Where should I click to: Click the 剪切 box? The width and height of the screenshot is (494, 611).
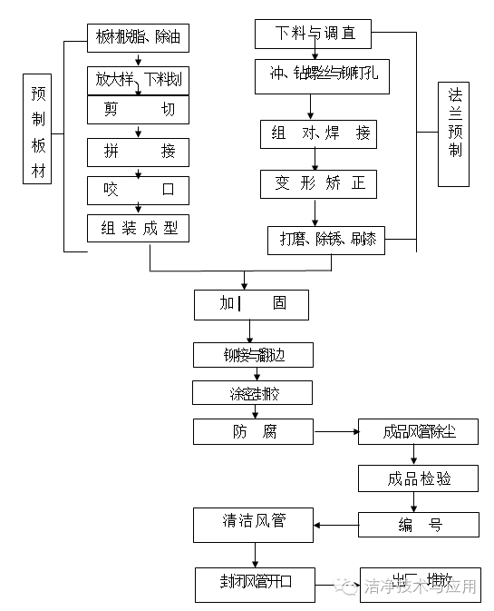[138, 110]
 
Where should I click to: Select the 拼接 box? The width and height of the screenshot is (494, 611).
[138, 151]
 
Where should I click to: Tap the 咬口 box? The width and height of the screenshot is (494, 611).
[138, 190]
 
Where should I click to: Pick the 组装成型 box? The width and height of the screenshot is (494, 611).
[138, 228]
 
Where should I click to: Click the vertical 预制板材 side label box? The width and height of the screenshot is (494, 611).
[38, 133]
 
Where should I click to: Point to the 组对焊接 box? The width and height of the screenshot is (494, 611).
[317, 133]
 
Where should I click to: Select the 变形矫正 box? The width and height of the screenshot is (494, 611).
[317, 183]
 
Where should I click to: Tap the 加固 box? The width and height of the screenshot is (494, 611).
[251, 304]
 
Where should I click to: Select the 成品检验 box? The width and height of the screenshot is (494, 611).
[419, 478]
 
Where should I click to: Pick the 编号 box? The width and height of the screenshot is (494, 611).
[419, 524]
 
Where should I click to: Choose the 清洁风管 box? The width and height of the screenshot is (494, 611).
[255, 522]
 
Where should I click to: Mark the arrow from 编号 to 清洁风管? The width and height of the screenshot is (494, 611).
[337, 524]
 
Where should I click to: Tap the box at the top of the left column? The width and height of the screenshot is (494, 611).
[138, 37]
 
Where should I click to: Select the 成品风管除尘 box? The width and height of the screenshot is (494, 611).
[419, 431]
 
